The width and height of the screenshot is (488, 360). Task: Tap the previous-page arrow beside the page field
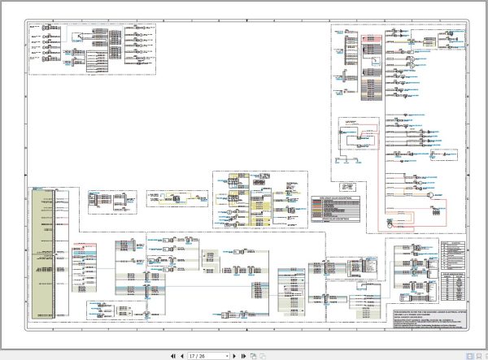(181, 355)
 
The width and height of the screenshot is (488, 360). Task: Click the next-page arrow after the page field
(236, 355)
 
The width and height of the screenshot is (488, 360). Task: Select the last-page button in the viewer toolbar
(245, 355)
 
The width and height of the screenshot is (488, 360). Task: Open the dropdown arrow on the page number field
(227, 355)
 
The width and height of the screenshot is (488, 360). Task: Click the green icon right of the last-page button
(254, 355)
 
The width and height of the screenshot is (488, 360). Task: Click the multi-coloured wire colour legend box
(334, 211)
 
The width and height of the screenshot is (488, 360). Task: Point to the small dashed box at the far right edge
(439, 213)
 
